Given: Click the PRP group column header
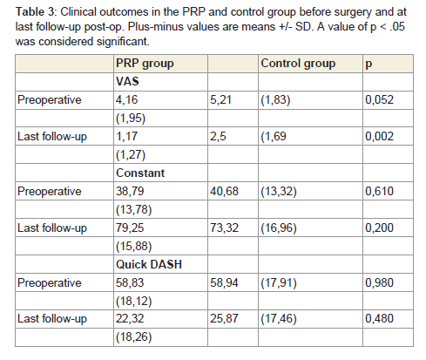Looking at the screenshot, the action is pos(145,64).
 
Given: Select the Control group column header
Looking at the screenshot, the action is pos(298,64).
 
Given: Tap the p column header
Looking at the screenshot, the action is pos(369,65).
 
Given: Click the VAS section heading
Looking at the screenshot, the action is pos(127,81).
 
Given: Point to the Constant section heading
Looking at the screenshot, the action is pos(140,173).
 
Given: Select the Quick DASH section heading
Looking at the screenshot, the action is pos(149,264).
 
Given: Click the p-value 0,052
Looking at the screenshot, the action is pos(379,100).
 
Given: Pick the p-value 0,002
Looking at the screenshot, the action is pos(379,137).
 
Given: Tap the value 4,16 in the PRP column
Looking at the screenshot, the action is pos(126,100).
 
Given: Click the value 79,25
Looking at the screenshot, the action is pos(130,228).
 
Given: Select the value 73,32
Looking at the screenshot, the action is pos(224,228).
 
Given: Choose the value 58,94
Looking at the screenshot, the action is pos(224,282).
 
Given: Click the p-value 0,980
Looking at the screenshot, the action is pos(379,282).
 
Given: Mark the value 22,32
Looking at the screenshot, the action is pos(130,319).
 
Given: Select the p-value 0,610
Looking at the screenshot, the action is pos(379,191).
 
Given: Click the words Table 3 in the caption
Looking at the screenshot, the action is pos(35,12).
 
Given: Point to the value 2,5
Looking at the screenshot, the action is pos(218,137).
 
